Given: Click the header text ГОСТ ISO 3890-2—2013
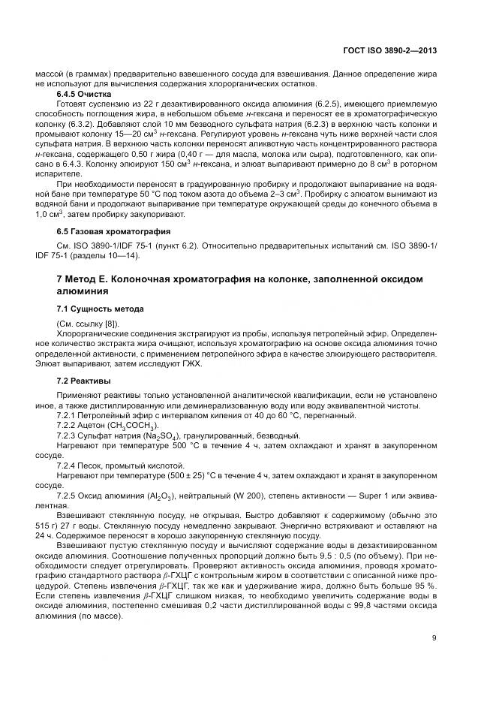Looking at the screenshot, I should click(391, 50).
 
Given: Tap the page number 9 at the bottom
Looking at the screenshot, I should click(434, 639).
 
